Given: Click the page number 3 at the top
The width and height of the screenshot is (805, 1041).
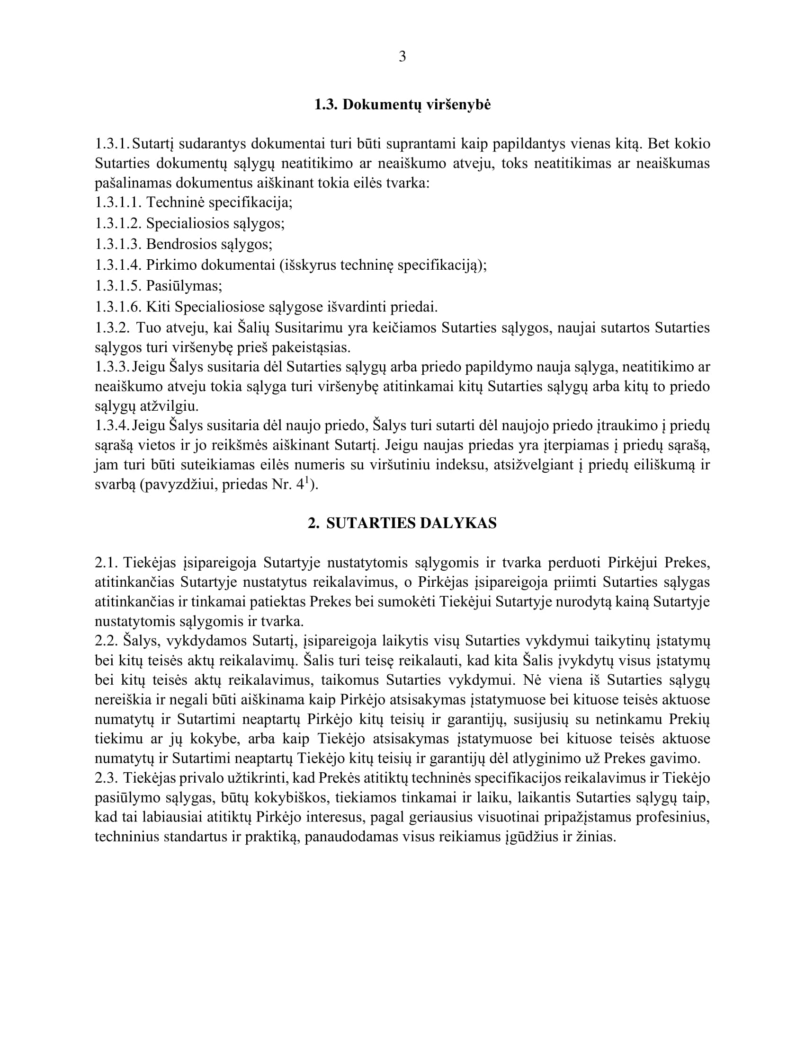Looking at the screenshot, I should click(x=402, y=57).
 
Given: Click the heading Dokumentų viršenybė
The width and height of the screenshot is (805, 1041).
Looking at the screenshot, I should click(x=416, y=105).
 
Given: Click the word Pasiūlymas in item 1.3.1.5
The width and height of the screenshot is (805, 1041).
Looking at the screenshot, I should click(x=184, y=286).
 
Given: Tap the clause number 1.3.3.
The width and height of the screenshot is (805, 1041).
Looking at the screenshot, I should click(x=112, y=367).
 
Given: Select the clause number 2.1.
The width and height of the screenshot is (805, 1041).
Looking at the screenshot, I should click(x=106, y=563).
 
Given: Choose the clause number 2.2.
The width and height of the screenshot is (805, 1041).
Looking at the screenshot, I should click(x=106, y=641).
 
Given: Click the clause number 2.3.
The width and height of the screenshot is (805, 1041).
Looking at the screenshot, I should click(x=106, y=778).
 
